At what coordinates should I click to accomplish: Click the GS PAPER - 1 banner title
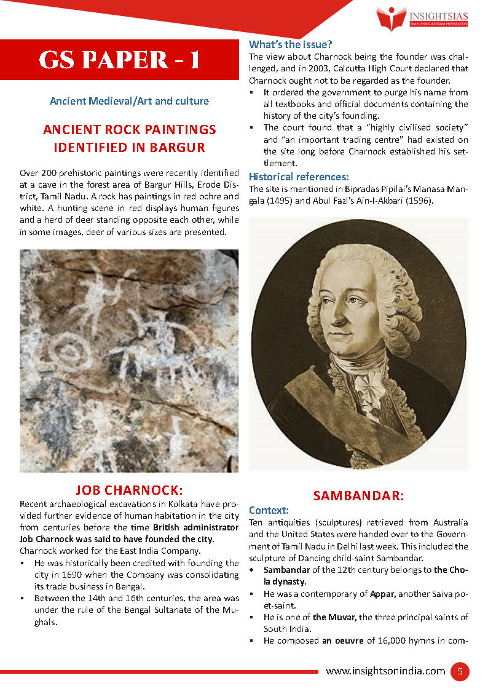(x=119, y=60)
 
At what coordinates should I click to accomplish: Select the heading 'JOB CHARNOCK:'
(x=129, y=490)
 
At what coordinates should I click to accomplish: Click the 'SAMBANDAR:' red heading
(x=358, y=495)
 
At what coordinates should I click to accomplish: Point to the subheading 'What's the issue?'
(x=290, y=44)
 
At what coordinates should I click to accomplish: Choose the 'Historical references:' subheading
(x=299, y=177)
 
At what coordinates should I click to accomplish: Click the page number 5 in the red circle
(x=459, y=671)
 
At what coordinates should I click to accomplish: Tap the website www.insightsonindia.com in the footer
(x=385, y=671)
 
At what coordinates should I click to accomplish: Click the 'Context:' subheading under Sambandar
(x=269, y=510)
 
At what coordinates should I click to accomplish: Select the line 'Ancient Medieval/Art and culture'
(x=129, y=101)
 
